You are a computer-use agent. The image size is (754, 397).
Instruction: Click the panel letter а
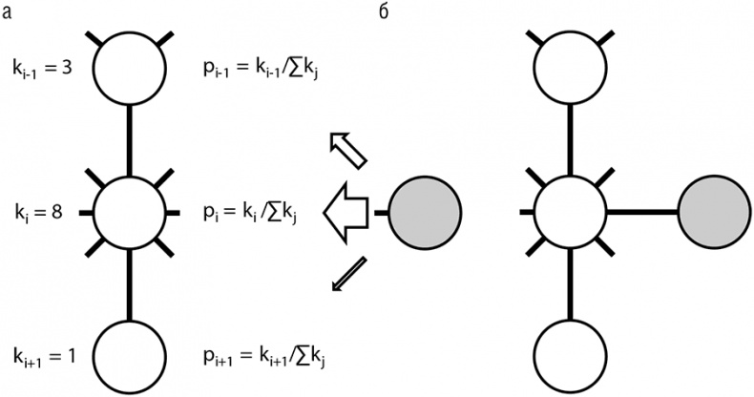8,14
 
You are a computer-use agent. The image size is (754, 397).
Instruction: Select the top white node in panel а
129,68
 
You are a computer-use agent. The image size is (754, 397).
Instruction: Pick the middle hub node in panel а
129,211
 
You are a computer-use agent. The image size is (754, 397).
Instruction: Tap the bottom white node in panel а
129,352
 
